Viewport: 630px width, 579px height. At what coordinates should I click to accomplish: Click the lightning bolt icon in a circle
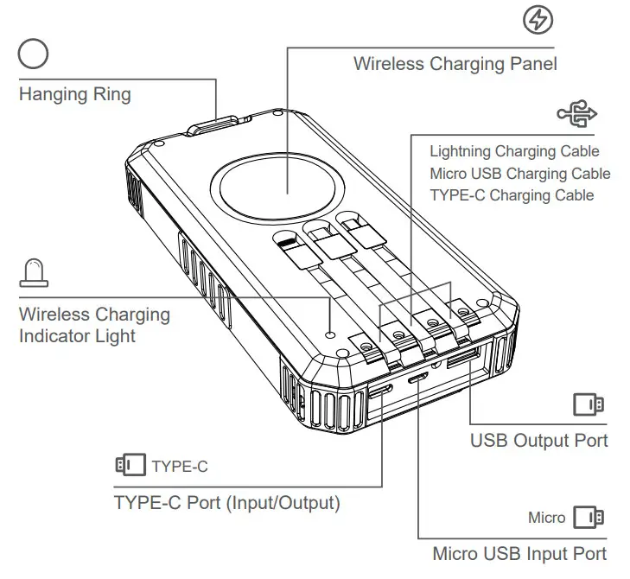click(x=538, y=19)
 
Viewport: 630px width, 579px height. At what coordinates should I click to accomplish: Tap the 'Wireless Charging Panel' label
click(x=455, y=64)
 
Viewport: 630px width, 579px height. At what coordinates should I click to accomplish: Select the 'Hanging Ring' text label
click(x=75, y=94)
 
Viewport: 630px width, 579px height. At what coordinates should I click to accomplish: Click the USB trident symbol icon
click(x=576, y=113)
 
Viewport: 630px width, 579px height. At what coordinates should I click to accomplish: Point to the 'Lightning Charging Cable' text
click(x=514, y=152)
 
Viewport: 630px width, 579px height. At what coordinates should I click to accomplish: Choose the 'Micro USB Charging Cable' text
click(x=519, y=174)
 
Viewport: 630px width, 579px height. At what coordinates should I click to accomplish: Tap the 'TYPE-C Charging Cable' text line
click(x=512, y=195)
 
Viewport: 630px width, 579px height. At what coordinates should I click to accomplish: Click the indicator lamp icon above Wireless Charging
click(x=33, y=273)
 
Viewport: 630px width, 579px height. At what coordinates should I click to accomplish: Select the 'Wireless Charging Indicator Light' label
click(x=93, y=325)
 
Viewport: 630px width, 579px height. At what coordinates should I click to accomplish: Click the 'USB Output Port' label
click(x=538, y=440)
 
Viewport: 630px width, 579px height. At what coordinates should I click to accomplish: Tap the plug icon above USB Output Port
click(x=589, y=404)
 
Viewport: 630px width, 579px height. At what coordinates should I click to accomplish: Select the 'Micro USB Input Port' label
click(x=519, y=554)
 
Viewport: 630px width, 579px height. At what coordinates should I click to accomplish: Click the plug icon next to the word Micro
click(x=589, y=518)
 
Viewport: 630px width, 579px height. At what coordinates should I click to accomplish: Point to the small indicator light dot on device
click(x=330, y=334)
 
